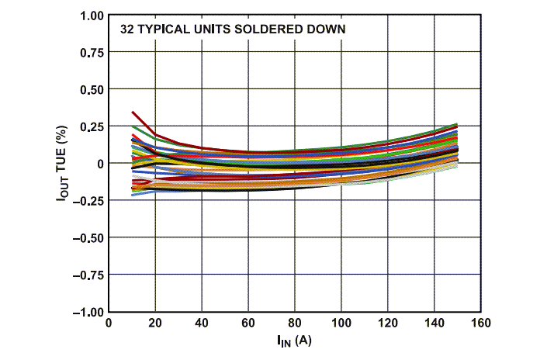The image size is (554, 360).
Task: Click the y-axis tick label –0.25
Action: [x=88, y=200]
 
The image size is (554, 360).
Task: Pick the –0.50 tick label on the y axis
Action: [x=88, y=237]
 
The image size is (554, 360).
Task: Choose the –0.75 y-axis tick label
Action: [x=88, y=275]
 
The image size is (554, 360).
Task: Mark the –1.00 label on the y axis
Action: [x=88, y=312]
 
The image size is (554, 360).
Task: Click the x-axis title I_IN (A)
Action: [x=294, y=341]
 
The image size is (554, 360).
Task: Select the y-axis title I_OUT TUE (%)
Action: [x=62, y=164]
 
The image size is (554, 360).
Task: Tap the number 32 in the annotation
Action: [x=126, y=29]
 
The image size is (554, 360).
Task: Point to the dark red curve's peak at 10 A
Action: [x=133, y=112]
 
